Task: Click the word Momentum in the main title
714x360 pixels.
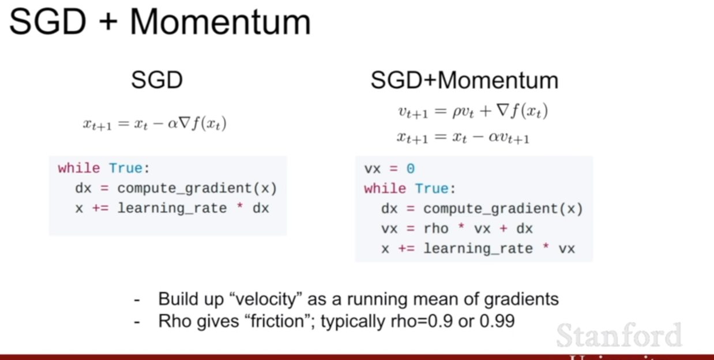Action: coord(220,22)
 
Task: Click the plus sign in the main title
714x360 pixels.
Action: coord(108,22)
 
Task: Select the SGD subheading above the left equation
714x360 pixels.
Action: coord(157,80)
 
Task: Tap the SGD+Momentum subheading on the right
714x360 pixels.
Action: coord(464,80)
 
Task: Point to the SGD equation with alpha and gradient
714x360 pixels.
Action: coord(155,123)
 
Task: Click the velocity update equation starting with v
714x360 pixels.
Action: coord(473,111)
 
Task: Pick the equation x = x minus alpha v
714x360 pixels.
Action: coord(463,138)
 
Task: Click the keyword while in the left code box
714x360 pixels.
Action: coord(79,168)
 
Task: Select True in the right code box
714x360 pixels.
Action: coord(432,189)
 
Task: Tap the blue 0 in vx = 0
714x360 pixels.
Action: coord(411,168)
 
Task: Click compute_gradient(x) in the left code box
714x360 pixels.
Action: coord(197,189)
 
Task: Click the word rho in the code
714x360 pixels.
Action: coord(436,228)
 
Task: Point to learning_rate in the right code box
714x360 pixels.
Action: coord(478,249)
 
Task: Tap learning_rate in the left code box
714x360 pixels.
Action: coord(172,208)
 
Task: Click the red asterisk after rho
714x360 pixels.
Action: coord(461,227)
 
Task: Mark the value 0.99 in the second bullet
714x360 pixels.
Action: coord(497,321)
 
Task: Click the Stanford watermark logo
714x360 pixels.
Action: coord(619,335)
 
